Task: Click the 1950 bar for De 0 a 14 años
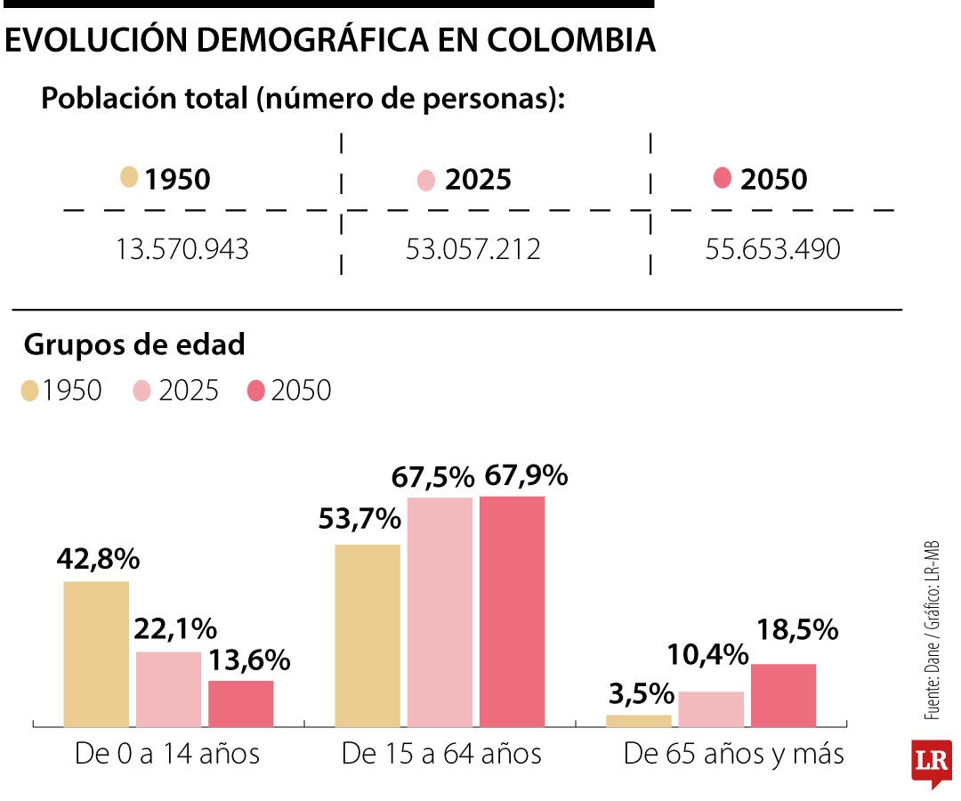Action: point(96,653)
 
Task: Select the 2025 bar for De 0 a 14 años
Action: point(168,689)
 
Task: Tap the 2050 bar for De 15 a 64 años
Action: point(513,611)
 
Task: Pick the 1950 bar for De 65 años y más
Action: point(638,720)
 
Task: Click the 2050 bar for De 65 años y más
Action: point(783,694)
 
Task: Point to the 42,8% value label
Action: point(98,559)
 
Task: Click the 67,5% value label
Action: point(433,477)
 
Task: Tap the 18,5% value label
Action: point(797,630)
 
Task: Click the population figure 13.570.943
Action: point(182,250)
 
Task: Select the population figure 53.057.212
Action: point(472,250)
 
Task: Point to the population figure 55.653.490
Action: point(772,250)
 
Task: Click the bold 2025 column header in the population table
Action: point(478,180)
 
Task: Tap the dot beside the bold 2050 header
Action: point(723,178)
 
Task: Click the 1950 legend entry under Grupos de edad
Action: point(62,390)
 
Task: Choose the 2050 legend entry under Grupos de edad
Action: point(289,390)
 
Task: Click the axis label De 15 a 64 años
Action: point(441,754)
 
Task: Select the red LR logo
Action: point(931,763)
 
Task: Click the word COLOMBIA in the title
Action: point(567,40)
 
